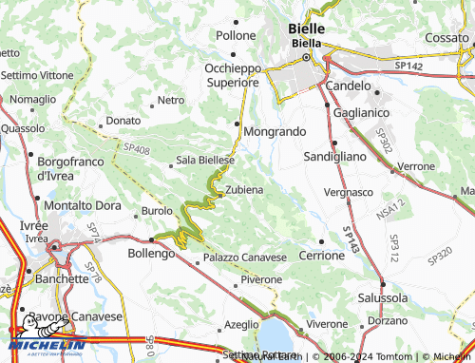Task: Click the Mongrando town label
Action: pos(275,130)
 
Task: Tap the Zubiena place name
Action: pos(244,190)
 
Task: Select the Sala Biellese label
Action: pos(205,161)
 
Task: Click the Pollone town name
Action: pos(236,35)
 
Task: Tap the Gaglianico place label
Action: pos(362,112)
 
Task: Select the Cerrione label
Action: pos(321,256)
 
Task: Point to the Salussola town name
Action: pos(383,297)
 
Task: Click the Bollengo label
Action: pos(151,254)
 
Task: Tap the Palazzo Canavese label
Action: pos(244,258)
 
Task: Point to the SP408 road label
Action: pos(136,149)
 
